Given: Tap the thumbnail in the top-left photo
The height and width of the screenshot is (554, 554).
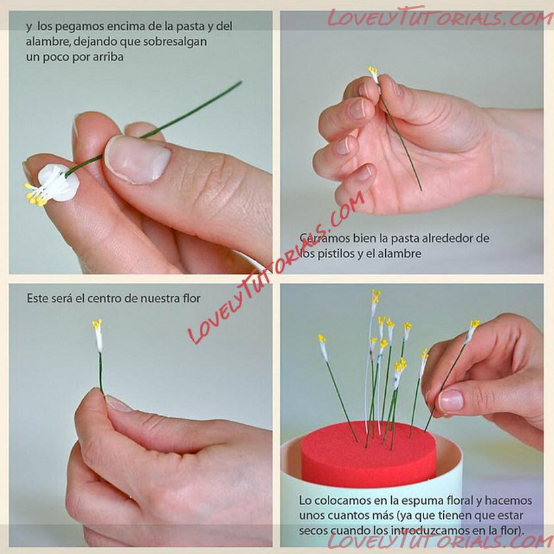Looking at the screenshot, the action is point(138,160).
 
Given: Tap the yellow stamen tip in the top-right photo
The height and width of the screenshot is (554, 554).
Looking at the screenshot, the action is point(373,70).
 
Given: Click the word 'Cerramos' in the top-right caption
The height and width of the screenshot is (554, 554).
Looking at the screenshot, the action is point(319,238).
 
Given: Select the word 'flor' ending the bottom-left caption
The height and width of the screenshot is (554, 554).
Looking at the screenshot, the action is point(191,299).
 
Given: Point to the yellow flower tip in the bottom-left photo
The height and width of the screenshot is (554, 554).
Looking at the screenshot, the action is point(97,324).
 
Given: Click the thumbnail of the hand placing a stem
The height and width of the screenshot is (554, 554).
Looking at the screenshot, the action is point(450,401).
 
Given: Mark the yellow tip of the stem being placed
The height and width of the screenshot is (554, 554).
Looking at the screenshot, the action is point(474,324).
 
